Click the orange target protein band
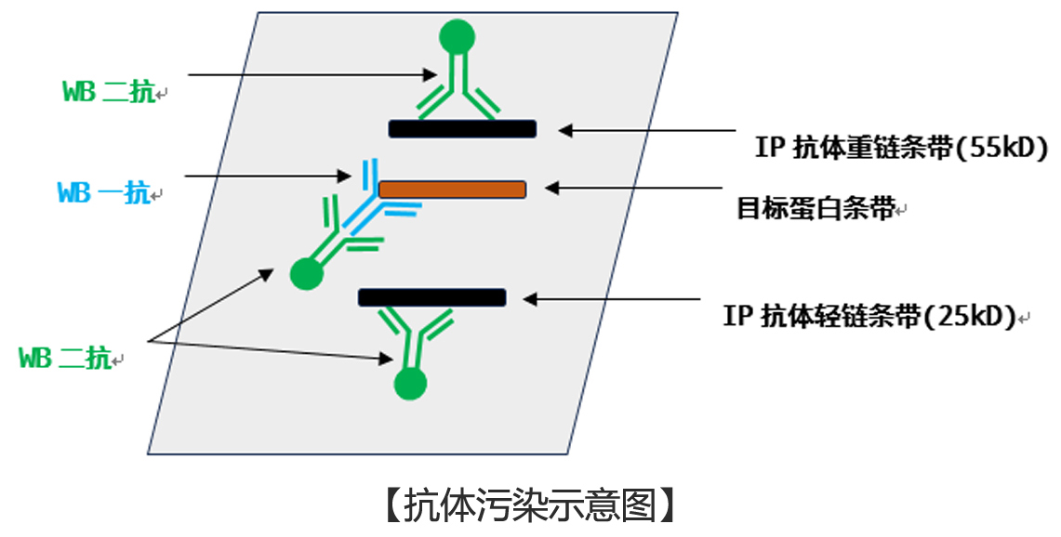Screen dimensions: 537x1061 453,190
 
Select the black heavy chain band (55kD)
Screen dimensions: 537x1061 462,129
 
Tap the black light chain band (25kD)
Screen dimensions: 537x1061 432,297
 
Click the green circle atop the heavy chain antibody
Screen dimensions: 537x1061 457,37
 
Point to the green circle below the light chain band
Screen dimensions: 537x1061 409,384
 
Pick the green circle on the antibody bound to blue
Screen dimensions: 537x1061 306,273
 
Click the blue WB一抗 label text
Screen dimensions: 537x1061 104,193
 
